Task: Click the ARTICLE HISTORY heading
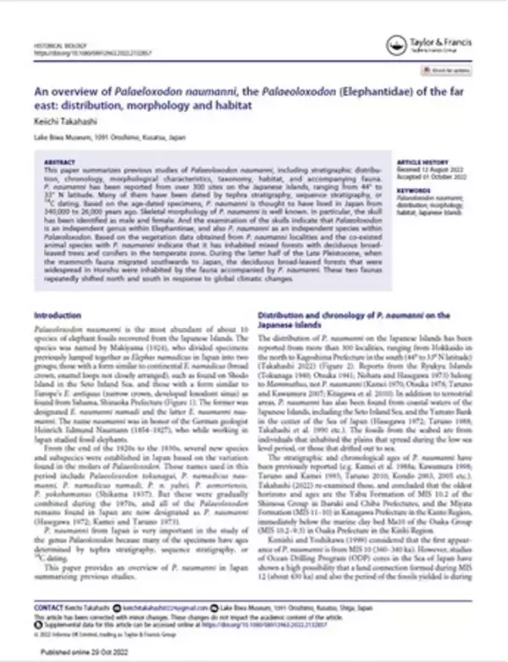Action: (x=422, y=159)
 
